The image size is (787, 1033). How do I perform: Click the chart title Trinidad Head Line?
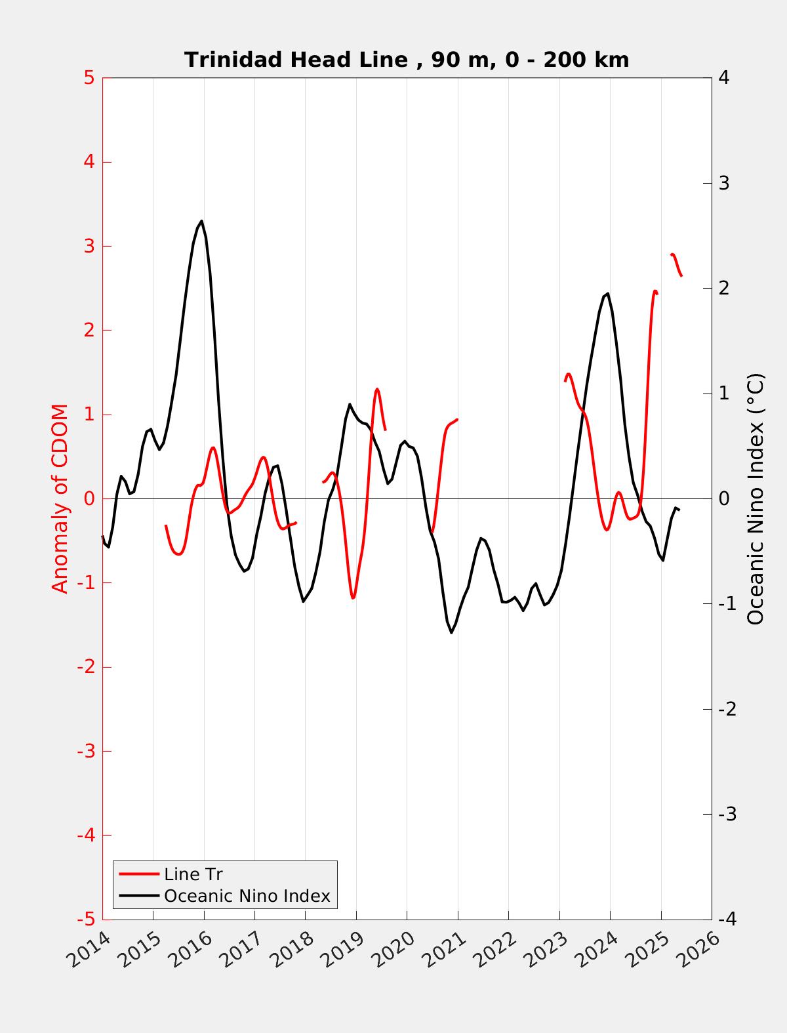click(x=407, y=60)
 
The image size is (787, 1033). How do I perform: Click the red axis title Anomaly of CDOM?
click(x=60, y=498)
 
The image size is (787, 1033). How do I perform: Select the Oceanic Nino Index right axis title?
click(x=756, y=498)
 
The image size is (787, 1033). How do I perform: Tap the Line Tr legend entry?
click(x=193, y=874)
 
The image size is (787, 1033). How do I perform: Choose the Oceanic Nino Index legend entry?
click(x=247, y=895)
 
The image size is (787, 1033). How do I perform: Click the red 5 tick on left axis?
click(x=89, y=78)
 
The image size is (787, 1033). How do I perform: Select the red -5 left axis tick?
click(x=86, y=920)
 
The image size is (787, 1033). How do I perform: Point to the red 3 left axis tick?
click(x=89, y=247)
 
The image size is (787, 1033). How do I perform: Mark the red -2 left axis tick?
click(x=86, y=667)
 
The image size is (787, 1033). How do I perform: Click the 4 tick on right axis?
click(x=724, y=78)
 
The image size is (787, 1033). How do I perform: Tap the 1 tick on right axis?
click(x=724, y=394)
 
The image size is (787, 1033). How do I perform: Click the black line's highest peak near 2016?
click(x=201, y=221)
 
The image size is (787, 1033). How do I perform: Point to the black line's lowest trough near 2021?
click(x=451, y=632)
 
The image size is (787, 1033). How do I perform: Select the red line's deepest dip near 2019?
click(x=353, y=598)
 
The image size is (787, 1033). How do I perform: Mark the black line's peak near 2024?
click(x=608, y=294)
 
